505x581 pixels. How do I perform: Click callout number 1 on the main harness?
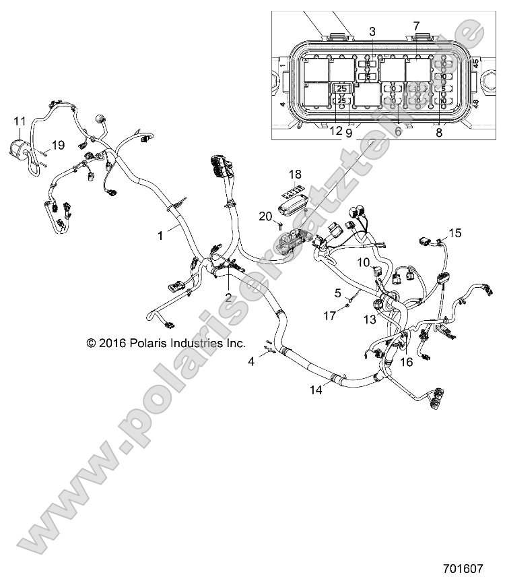(160, 236)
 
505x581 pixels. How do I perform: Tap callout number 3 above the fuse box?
(372, 31)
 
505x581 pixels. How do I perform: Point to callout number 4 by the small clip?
(252, 361)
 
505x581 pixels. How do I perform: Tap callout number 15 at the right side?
(456, 233)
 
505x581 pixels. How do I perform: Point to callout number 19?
(58, 144)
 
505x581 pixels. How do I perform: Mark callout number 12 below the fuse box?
(336, 133)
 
